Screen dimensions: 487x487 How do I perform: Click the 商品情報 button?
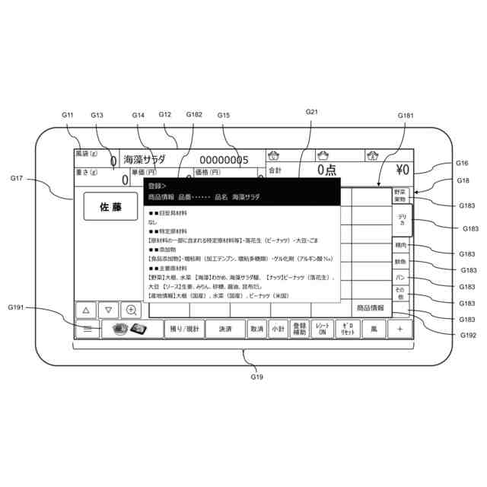[x=370, y=308]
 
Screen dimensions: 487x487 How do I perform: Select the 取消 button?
[x=256, y=329]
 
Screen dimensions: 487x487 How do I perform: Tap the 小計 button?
[x=278, y=329]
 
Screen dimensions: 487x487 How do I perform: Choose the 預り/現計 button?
[x=183, y=329]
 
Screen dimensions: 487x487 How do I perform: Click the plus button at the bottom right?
[x=400, y=329]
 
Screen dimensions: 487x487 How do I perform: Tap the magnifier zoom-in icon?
[x=132, y=310]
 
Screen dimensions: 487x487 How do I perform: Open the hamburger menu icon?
[x=88, y=329]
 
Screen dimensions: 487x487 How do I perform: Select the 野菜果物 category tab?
[x=400, y=195]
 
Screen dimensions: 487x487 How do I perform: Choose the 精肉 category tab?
[x=400, y=246]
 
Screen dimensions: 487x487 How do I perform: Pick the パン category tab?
[x=400, y=277]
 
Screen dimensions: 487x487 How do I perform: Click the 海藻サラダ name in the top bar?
[x=145, y=160]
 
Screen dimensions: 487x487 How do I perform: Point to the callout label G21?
[x=311, y=112]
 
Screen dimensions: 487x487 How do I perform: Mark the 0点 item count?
[x=327, y=170]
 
